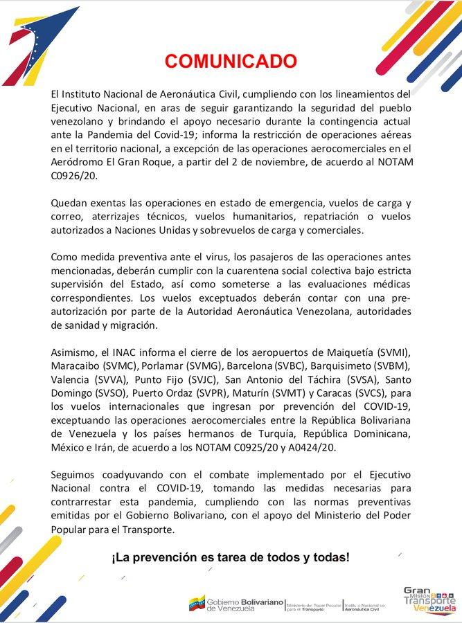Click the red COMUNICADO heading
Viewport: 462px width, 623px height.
[x=224, y=62]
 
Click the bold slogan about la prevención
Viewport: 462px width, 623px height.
[x=231, y=557]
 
